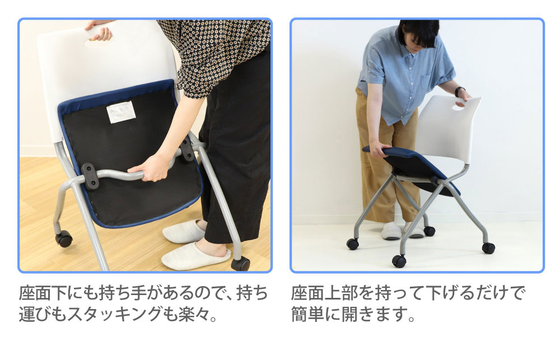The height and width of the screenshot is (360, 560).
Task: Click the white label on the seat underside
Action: click(x=121, y=112)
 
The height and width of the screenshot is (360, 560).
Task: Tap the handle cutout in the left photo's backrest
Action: click(x=99, y=42)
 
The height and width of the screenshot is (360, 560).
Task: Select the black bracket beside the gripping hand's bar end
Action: click(x=90, y=176)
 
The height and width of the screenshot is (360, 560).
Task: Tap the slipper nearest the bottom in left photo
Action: click(x=195, y=256)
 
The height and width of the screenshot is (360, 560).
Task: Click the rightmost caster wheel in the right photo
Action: click(x=488, y=248)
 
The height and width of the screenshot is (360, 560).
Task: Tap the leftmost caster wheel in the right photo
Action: click(x=353, y=244)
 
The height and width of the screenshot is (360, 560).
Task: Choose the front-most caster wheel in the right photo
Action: click(x=399, y=261)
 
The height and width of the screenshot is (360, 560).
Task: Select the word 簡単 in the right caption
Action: click(x=308, y=314)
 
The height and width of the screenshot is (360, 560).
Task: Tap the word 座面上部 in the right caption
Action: click(x=325, y=293)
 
